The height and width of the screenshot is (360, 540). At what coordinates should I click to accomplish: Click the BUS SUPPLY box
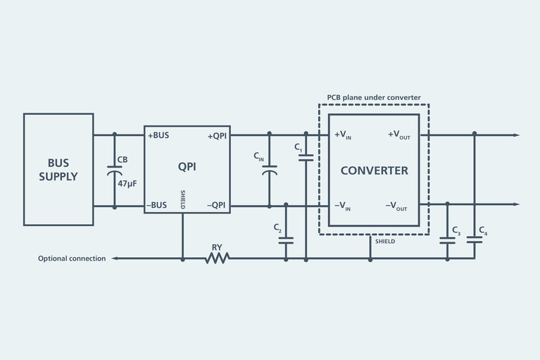tap(58, 169)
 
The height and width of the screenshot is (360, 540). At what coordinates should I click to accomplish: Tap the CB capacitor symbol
tap(114, 170)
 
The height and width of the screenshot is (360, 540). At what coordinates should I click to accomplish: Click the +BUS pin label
tap(158, 135)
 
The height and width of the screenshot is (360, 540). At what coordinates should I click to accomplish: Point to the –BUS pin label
tap(157, 206)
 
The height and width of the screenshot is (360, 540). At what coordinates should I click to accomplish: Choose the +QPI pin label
tap(216, 135)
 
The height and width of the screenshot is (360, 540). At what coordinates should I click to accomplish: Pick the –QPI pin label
tap(216, 206)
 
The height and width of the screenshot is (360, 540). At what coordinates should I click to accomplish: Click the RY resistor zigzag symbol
tap(217, 259)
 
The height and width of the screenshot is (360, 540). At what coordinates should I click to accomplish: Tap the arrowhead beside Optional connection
tap(113, 259)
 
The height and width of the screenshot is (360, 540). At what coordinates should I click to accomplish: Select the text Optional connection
tap(71, 259)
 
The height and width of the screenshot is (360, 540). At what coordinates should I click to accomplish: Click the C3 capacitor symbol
tap(447, 240)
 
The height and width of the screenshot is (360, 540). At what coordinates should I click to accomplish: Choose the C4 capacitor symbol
tap(475, 240)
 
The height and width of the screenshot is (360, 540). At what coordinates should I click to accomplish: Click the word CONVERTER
tap(374, 171)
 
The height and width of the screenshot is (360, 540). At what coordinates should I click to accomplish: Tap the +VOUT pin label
tap(398, 135)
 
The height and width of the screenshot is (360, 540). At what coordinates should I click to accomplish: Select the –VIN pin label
tap(344, 206)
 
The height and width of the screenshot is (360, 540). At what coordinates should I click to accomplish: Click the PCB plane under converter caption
tap(374, 97)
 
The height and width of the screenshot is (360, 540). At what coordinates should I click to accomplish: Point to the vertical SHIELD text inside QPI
tap(183, 200)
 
